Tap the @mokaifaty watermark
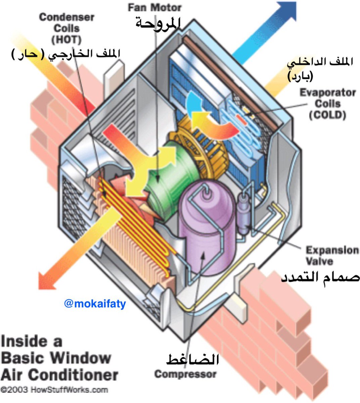(x=95, y=304)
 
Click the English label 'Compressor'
(x=185, y=374)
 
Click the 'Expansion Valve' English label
(x=332, y=256)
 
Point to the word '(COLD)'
(x=327, y=115)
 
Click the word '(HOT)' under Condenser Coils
(x=66, y=40)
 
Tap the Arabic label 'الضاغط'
(x=193, y=360)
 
